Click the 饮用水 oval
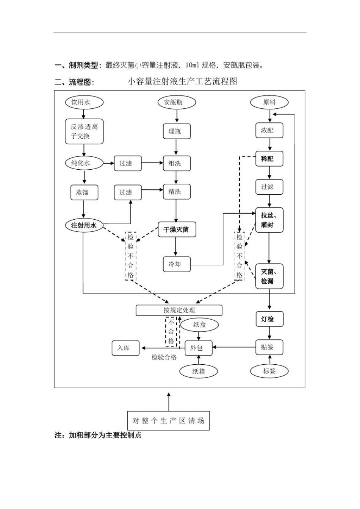pyautogui.click(x=84, y=102)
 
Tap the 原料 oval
pyautogui.click(x=269, y=102)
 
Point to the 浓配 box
pyautogui.click(x=269, y=130)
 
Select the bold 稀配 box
pyautogui.click(x=269, y=159)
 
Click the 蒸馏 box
pyautogui.click(x=84, y=192)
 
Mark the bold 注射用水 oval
pyautogui.click(x=84, y=225)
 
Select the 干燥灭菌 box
pyautogui.click(x=177, y=230)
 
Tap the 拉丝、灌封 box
pyautogui.click(x=269, y=220)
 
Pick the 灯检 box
pyautogui.click(x=269, y=319)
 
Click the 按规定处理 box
pyautogui.click(x=179, y=310)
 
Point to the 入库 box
pyautogui.click(x=125, y=348)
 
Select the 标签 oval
pyautogui.click(x=269, y=371)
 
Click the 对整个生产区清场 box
pyautogui.click(x=168, y=420)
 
